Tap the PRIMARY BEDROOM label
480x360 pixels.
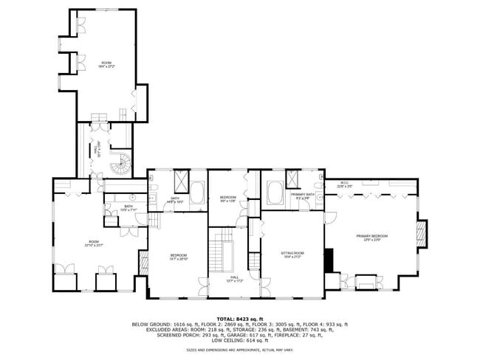(x=371, y=238)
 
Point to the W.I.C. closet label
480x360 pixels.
(x=344, y=185)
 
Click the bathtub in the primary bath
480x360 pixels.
(x=273, y=193)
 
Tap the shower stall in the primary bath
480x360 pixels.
(x=293, y=179)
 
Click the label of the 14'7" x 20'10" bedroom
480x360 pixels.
(x=177, y=257)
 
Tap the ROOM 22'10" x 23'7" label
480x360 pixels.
(x=93, y=244)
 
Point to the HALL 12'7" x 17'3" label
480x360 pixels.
(x=233, y=280)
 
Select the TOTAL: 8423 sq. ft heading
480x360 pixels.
(x=239, y=319)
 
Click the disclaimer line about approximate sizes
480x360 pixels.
(x=239, y=350)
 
